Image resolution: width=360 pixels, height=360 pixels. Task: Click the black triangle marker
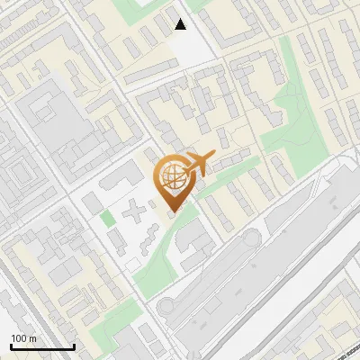tap(181, 24)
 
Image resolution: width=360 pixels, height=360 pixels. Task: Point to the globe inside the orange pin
tap(172, 175)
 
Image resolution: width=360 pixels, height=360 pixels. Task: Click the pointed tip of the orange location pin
tap(172, 209)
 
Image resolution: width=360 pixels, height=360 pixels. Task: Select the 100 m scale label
tap(24, 338)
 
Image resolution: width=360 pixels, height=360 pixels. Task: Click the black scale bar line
tap(42, 346)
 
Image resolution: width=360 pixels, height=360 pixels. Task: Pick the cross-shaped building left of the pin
tap(134, 214)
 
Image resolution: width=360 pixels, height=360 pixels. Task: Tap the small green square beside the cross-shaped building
tap(107, 218)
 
